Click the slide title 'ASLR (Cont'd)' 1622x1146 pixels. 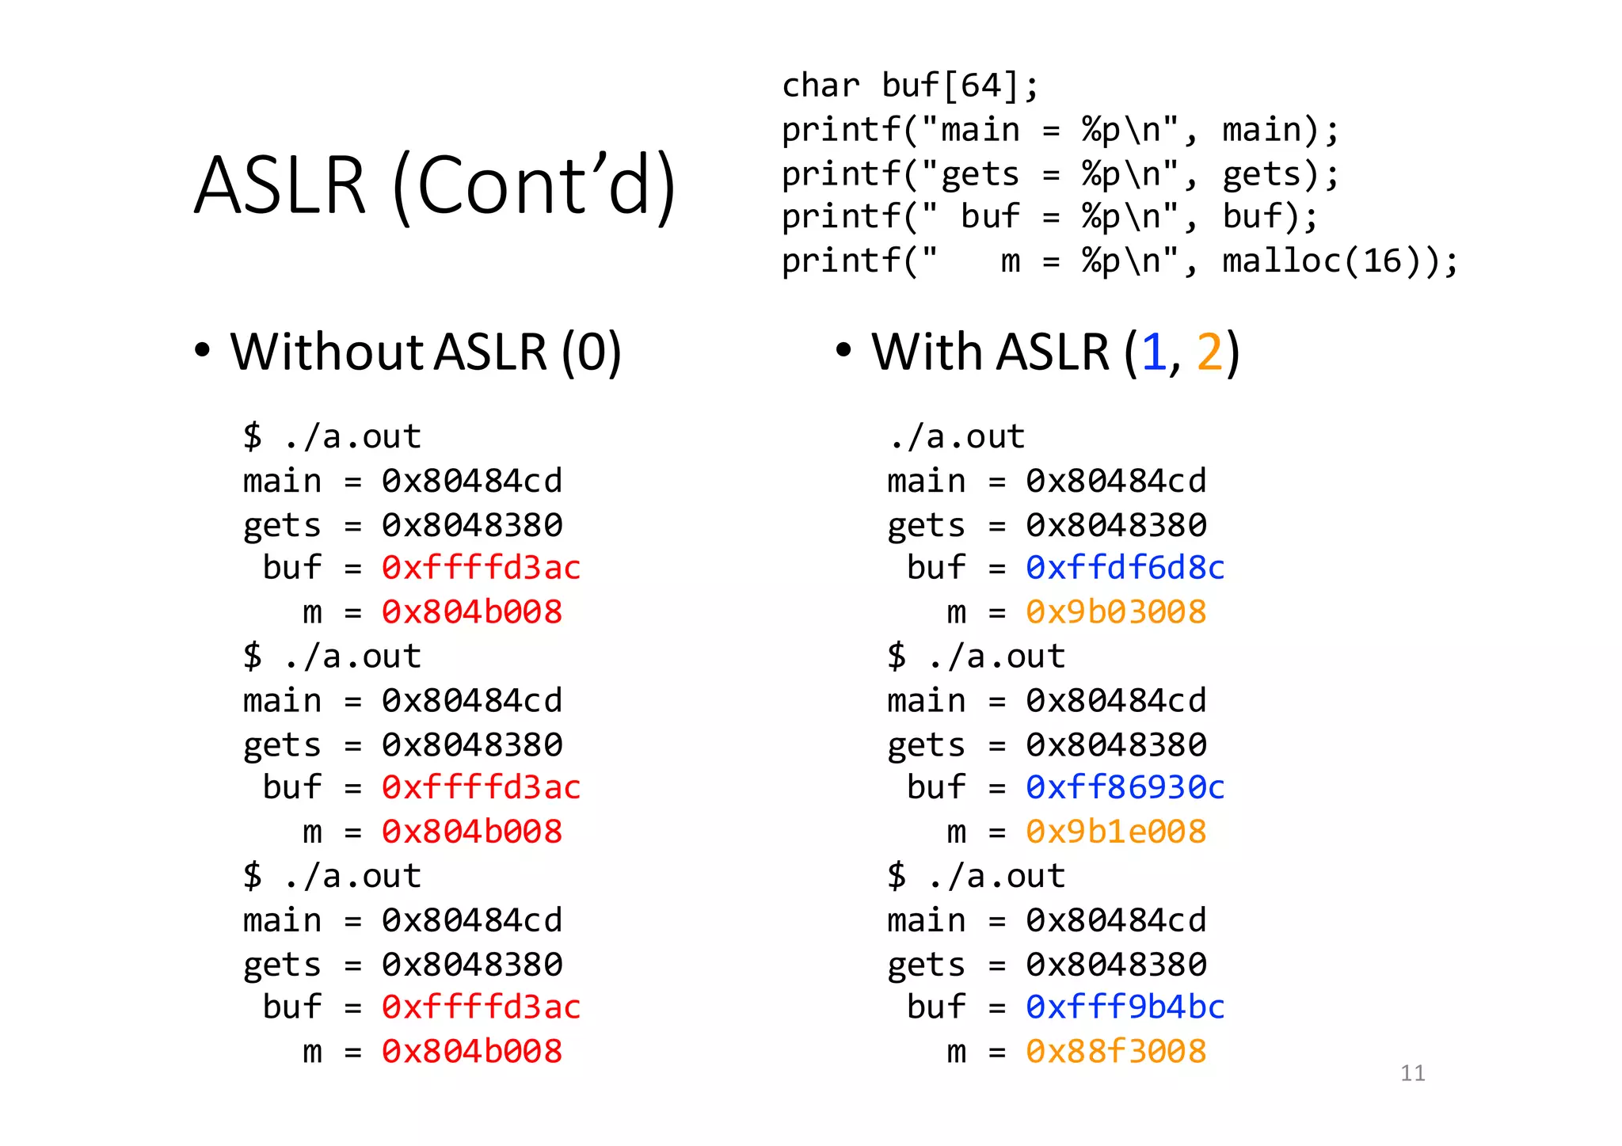435,185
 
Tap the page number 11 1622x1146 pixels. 1412,1073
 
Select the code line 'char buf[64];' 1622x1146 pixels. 909,86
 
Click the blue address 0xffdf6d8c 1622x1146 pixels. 1125,568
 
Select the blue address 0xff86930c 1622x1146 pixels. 1125,787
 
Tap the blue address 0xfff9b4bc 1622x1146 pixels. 1125,1007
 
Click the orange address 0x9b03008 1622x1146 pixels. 1115,612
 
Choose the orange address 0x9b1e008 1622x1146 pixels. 1115,832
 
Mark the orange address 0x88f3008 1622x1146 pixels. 1115,1052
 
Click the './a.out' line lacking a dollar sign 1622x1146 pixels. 956,436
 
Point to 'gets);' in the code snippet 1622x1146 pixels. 1280,174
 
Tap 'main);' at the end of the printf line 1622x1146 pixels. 1280,130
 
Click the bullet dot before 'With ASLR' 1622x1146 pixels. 843,349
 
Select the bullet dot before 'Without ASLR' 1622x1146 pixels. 202,349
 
